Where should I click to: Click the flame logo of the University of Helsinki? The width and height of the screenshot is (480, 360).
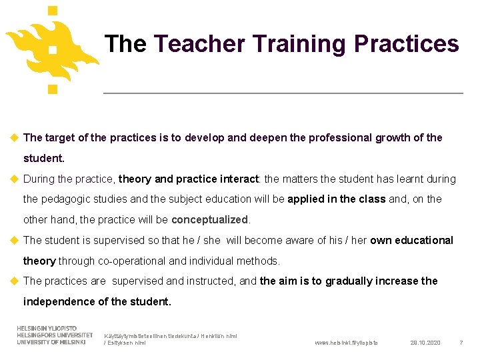coord(52,48)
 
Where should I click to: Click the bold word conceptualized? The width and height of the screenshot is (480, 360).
coord(209,219)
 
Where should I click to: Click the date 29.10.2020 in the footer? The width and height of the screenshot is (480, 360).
coord(425,343)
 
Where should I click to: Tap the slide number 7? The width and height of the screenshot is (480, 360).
coord(461,343)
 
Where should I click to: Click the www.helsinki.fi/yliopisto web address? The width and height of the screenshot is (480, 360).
coord(345,343)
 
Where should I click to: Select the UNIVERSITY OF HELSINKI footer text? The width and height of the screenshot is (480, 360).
coord(51,342)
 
